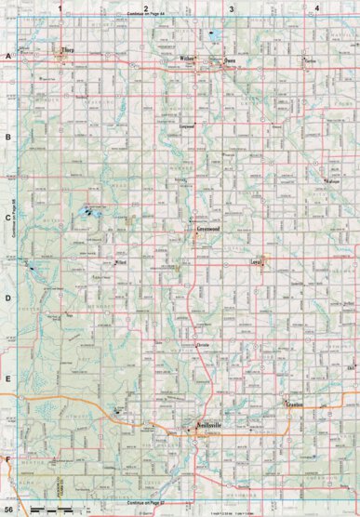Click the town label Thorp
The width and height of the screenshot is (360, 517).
point(67,50)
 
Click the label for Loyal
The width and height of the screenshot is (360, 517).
point(258,263)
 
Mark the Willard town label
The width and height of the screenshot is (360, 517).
point(106,263)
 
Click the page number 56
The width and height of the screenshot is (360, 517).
point(9,509)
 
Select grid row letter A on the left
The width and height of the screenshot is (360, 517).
point(7,58)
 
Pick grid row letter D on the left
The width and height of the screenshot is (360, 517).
point(7,299)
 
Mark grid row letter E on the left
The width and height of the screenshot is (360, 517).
point(7,379)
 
